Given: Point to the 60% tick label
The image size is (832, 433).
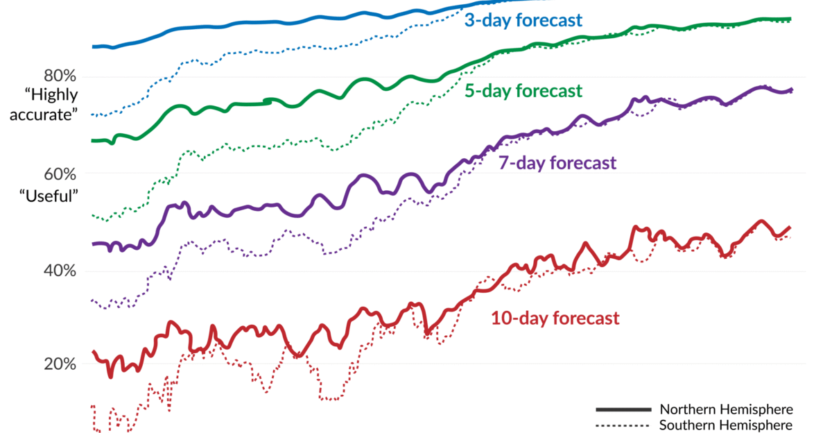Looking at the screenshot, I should [x=59, y=173].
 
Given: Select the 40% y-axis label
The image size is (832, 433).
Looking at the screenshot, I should [x=59, y=271].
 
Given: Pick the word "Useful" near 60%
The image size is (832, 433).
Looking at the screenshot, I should [x=49, y=196].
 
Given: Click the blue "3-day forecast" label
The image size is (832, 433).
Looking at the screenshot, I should [x=523, y=20].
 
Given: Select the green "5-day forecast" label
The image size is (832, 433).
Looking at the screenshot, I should [x=523, y=91].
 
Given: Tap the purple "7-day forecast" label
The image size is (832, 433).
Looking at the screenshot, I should [x=557, y=164].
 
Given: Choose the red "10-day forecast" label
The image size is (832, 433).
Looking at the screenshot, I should [x=555, y=319].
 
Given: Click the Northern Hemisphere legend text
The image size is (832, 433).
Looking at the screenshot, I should [x=726, y=409].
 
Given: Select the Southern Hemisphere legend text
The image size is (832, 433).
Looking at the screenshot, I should [x=726, y=425].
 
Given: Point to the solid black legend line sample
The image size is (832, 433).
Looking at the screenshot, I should [x=623, y=409].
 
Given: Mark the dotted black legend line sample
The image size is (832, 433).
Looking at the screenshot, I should [x=623, y=425].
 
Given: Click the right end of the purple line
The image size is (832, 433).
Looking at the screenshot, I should [x=792, y=90].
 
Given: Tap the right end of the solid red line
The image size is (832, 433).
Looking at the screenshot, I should [x=790, y=228].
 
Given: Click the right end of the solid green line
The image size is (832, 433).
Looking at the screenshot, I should [x=791, y=19].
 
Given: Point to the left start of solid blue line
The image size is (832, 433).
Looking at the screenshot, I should [x=93, y=46].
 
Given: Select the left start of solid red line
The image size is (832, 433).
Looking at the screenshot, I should [x=93, y=351].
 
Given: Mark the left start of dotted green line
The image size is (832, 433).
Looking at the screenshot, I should [x=93, y=215].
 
